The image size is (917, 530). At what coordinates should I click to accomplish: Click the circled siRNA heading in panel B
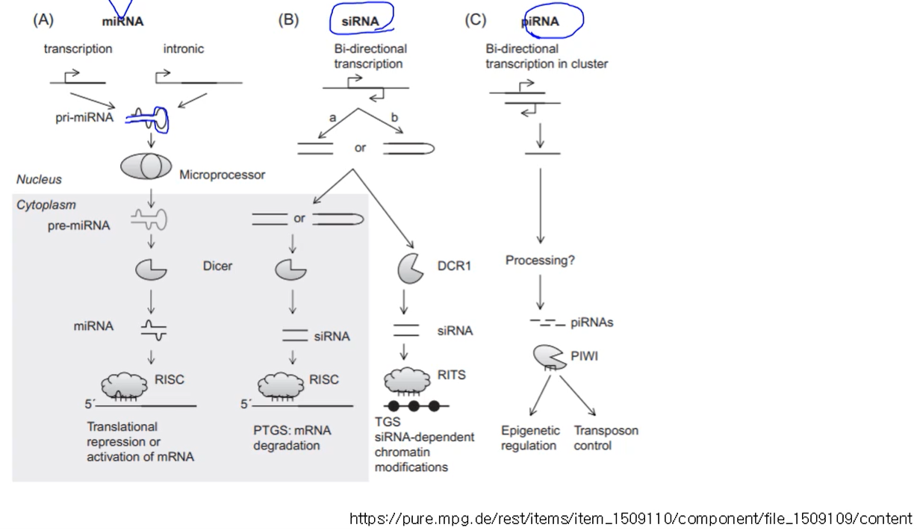tap(360, 21)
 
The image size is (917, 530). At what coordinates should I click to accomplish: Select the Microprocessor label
tap(222, 175)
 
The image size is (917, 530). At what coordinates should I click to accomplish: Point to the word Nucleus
tap(39, 180)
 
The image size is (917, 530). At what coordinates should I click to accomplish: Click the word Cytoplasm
tap(46, 205)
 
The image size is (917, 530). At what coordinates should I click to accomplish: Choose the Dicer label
tap(217, 265)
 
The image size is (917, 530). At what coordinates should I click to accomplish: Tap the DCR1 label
tap(454, 265)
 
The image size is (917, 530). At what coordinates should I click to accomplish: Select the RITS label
tap(453, 375)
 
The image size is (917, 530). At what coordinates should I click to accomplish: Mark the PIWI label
tap(584, 356)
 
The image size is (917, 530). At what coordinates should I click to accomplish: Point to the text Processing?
tap(540, 261)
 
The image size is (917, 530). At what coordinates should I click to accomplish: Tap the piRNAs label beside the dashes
tap(592, 322)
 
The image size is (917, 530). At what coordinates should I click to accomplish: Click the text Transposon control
tap(606, 438)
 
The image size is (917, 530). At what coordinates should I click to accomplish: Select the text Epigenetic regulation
tap(529, 438)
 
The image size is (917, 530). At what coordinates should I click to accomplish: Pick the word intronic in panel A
tap(184, 49)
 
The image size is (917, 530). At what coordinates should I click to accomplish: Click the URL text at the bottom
tap(630, 518)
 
